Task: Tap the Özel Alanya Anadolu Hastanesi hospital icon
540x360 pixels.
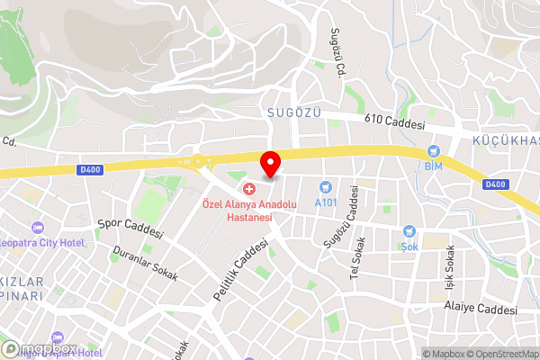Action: (x=249, y=190)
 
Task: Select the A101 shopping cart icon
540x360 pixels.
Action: (x=326, y=186)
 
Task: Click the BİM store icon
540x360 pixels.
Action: (x=434, y=152)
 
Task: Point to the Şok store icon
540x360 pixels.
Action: (x=409, y=231)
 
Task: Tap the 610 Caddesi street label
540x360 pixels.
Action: (x=394, y=121)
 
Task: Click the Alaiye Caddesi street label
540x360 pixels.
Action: (x=481, y=309)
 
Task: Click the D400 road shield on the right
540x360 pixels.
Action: (x=495, y=184)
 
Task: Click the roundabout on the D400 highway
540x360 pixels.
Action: (x=197, y=162)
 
